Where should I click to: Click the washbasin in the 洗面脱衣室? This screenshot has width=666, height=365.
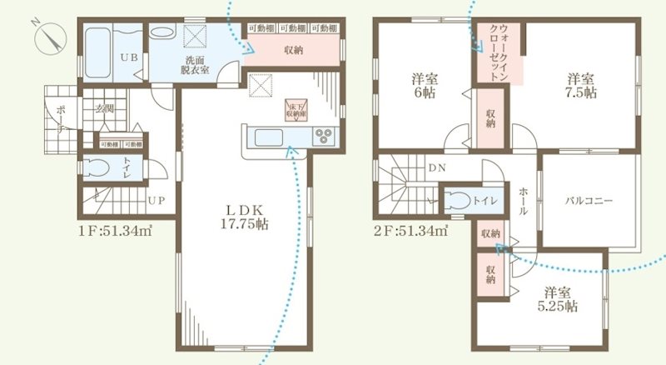point(162,34)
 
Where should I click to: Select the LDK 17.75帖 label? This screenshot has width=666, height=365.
point(245,216)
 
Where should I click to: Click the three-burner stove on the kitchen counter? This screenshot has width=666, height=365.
point(323,136)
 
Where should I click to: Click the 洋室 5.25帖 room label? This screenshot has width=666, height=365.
point(560,299)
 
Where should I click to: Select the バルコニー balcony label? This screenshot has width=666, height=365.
point(589,201)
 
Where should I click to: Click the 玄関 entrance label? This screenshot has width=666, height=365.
point(104,107)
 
